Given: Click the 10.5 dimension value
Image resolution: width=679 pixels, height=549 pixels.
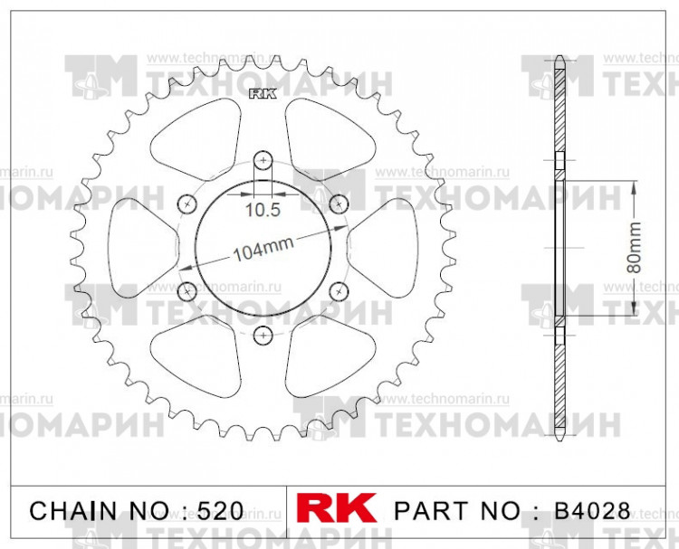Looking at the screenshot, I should pos(263,211).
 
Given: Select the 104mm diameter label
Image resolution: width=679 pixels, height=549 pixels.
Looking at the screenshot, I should pos(263,252).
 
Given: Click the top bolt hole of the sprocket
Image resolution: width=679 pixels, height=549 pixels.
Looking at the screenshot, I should pos(263,160).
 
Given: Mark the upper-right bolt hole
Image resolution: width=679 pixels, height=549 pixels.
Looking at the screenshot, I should pos(339,203).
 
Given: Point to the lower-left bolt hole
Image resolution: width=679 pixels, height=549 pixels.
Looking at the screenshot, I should pos(187,291).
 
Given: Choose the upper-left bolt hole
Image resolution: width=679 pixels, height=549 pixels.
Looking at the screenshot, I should pos(187,203).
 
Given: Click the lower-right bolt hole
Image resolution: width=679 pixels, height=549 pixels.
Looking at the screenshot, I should pos(339,291).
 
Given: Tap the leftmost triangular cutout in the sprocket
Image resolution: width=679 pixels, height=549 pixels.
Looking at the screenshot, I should pos(142,247).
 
